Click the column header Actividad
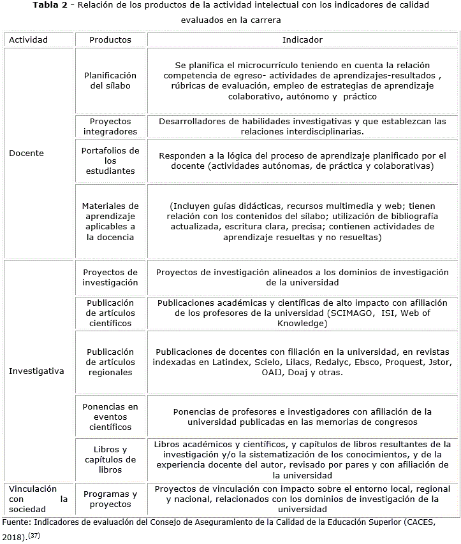[28, 39]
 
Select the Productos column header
[110, 39]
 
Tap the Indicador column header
[302, 39]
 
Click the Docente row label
[27, 153]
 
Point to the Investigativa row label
[37, 371]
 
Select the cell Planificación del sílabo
[110, 80]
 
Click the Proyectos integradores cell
[110, 126]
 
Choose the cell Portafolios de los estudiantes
[110, 161]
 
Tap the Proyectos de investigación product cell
[110, 277]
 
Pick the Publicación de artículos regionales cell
[110, 362]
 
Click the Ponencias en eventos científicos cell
[110, 417]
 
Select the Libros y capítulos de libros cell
[110, 459]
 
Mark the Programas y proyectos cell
[110, 499]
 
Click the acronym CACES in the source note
[414, 522]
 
